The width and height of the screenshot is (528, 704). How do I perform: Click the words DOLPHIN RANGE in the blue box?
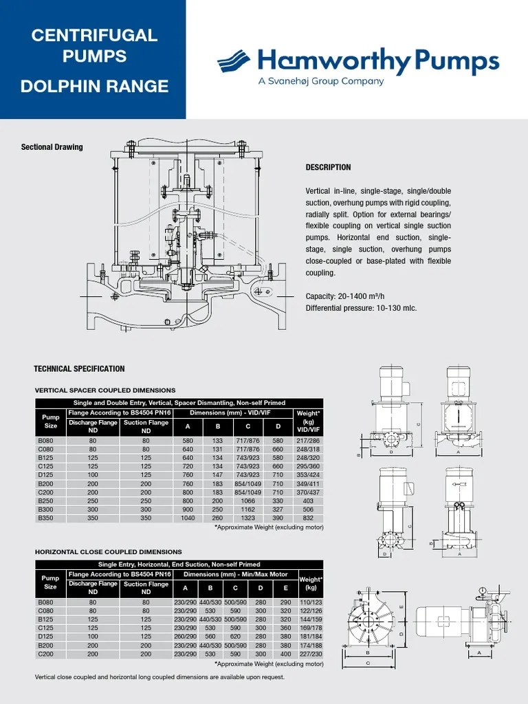(94, 87)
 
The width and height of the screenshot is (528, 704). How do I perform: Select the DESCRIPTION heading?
(328, 167)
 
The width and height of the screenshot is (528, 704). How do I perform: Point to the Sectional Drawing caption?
(52, 147)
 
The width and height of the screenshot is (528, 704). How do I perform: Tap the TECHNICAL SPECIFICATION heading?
(79, 369)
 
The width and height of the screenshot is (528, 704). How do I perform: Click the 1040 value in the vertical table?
(188, 518)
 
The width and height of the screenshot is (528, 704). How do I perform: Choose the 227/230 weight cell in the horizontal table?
(311, 654)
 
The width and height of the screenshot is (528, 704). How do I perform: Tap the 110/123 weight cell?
(311, 602)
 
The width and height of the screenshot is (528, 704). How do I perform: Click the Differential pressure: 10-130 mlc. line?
(361, 308)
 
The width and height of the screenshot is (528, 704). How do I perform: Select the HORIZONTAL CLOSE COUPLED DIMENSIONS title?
(108, 551)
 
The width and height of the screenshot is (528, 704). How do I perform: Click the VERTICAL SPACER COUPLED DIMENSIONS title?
(104, 390)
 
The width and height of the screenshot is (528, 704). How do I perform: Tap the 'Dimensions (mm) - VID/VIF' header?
(233, 412)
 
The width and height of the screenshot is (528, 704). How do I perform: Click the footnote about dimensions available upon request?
(159, 677)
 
